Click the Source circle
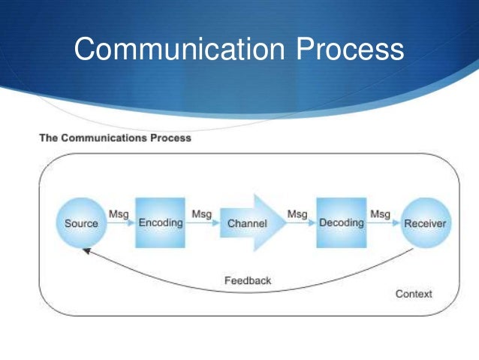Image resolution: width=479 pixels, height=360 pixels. (81, 223)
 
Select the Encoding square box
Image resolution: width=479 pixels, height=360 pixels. (161, 223)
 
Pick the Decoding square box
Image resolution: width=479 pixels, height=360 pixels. (342, 223)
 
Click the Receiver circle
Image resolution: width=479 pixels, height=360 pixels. (425, 223)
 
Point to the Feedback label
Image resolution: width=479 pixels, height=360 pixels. (248, 280)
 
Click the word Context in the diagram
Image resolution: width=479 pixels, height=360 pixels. (414, 294)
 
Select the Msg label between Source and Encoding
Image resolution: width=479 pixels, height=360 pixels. (119, 214)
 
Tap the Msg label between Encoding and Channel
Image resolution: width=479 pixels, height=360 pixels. (201, 214)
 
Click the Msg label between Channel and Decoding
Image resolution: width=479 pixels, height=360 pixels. (297, 214)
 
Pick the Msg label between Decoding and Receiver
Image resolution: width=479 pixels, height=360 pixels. (380, 214)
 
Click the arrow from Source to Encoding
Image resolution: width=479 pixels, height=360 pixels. (120, 224)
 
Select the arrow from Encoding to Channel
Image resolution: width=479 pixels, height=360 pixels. (202, 224)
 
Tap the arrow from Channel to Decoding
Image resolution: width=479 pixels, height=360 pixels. (298, 224)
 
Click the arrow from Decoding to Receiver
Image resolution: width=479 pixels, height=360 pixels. (381, 224)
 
